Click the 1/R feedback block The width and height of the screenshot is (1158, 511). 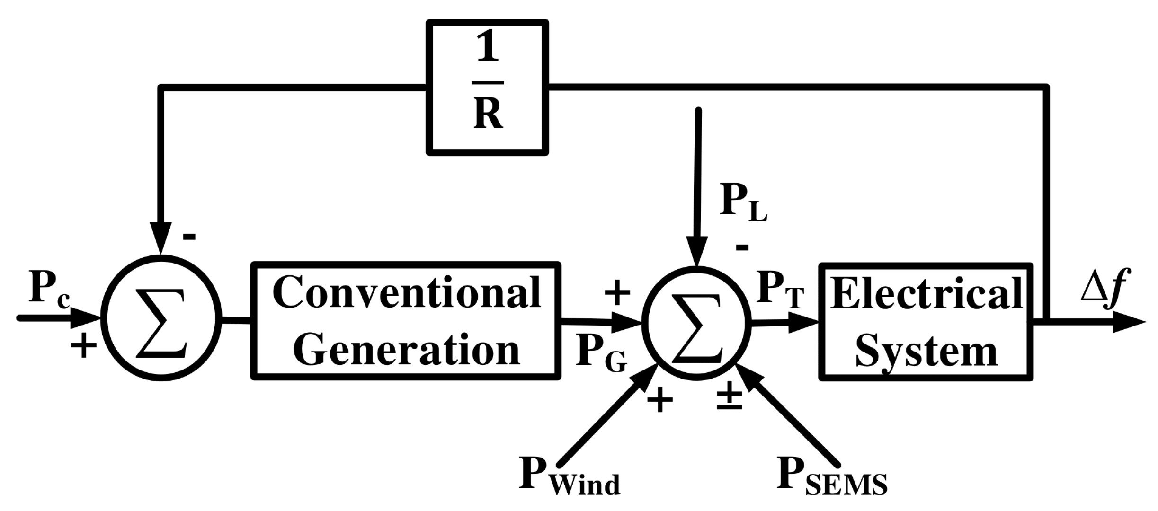tap(488, 88)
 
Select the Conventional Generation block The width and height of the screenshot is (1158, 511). tap(406, 321)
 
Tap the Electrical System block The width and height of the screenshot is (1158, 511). tap(926, 321)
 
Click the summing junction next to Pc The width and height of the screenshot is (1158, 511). tap(161, 318)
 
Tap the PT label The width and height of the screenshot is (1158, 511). tap(779, 290)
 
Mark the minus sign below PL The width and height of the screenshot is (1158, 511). tap(742, 247)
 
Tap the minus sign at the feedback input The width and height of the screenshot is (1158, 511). tap(189, 237)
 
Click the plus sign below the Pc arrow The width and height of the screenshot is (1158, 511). tap(84, 345)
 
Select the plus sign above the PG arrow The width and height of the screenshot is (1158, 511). tap(618, 293)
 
